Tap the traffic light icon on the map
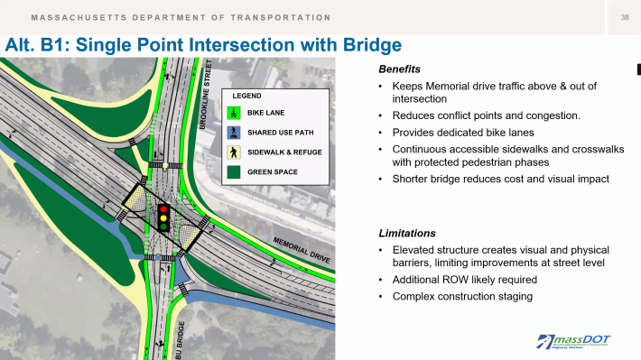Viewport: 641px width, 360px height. click(163, 217)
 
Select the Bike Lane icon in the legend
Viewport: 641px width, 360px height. click(232, 113)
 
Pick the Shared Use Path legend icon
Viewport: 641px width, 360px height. click(232, 133)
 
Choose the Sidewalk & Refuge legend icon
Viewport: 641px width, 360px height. click(232, 152)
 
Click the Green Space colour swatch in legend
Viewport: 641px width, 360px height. click(232, 171)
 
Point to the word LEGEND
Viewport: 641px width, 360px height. click(247, 95)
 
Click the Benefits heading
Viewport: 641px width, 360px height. click(399, 69)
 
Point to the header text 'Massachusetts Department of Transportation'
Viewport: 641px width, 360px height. click(181, 18)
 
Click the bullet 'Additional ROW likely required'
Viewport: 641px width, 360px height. click(466, 281)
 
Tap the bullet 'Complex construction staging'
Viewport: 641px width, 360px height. click(461, 297)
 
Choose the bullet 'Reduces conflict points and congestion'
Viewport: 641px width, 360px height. click(473, 116)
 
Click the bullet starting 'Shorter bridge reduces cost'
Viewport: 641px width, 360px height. click(500, 179)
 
